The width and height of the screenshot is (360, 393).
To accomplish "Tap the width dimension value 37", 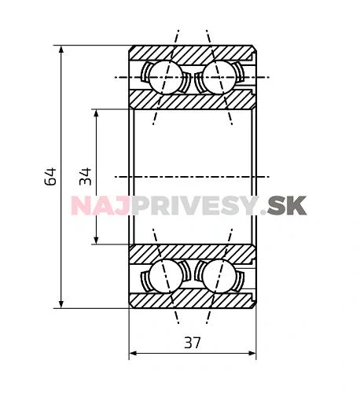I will pyautogui.click(x=193, y=343).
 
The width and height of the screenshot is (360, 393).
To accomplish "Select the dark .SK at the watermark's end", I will pyautogui.click(x=285, y=206).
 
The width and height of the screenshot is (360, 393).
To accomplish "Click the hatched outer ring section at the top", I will pyautogui.click(x=193, y=53).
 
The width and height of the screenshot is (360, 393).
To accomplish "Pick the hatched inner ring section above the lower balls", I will pyautogui.click(x=193, y=253).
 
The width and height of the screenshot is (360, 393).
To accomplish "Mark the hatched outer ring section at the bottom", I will pyautogui.click(x=193, y=300).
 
